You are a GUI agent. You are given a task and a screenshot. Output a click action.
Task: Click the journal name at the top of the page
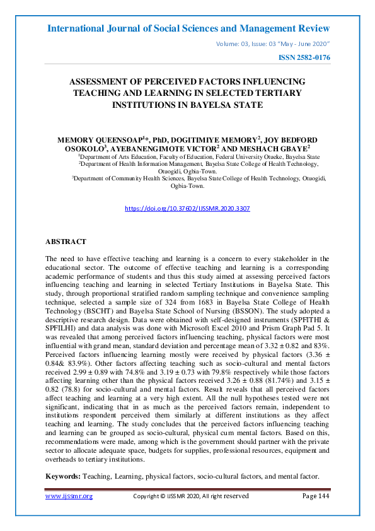point(188,28)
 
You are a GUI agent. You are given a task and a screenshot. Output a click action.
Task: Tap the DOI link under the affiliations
point(188,207)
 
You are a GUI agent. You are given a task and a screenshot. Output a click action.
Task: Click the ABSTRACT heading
point(66,242)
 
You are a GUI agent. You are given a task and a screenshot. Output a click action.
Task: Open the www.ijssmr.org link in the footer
point(69,496)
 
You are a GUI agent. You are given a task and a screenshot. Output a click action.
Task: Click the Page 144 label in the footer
point(315,496)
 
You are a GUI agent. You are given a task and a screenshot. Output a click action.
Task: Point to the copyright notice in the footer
point(191,496)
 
